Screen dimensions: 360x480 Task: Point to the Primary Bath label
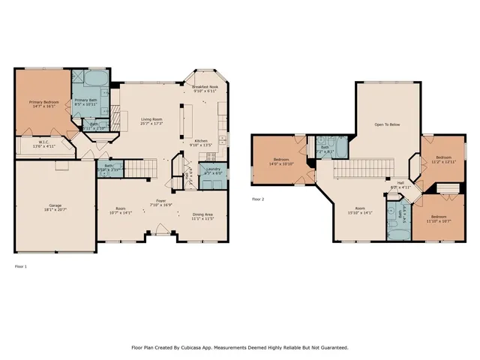[x=86, y=100]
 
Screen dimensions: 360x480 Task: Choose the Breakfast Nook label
[x=205, y=88]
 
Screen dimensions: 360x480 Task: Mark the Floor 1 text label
[x=20, y=266]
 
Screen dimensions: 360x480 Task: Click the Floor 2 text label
[x=258, y=199]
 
